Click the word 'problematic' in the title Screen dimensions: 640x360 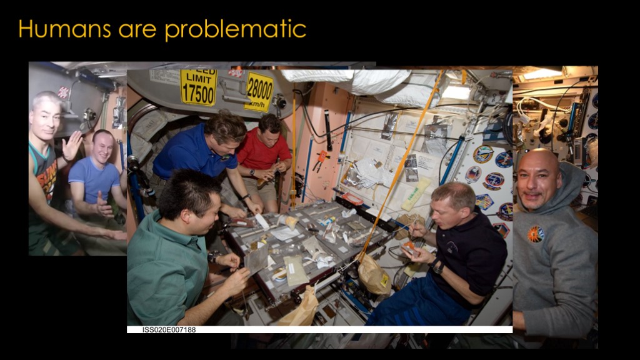point(236,30)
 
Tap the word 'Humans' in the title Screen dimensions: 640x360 point(64,29)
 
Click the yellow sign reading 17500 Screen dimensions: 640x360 point(198,87)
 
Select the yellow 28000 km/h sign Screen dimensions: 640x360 point(259,92)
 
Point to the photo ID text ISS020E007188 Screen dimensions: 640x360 point(169,330)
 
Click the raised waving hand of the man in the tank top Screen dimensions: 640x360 point(72,145)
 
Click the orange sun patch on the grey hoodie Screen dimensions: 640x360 point(536,234)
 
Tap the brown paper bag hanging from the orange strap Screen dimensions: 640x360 point(373,274)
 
